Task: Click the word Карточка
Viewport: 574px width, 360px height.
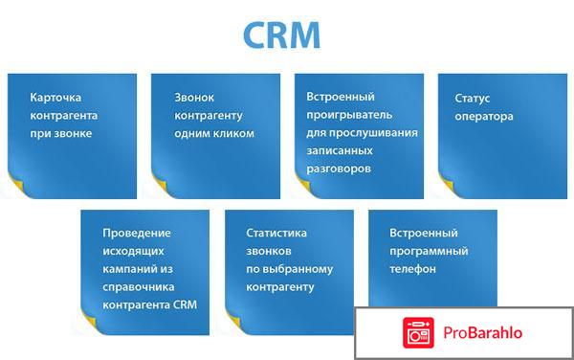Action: (55, 98)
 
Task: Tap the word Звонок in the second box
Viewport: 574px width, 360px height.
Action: (196, 98)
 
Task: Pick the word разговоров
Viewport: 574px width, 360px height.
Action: (339, 168)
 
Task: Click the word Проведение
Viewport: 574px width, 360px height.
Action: (136, 233)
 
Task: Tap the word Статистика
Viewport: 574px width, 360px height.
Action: (277, 233)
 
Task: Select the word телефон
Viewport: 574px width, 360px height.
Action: (413, 269)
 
